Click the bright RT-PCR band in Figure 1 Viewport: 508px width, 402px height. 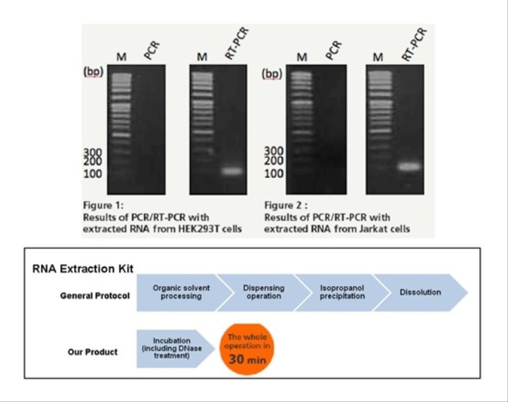(231, 171)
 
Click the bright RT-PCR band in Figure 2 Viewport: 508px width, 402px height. (410, 167)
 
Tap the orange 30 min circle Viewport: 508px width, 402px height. (247, 349)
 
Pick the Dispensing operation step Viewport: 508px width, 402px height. (264, 292)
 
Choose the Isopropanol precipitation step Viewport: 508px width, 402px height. (342, 292)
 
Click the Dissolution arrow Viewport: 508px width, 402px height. (421, 292)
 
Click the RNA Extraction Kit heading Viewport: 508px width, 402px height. (83, 269)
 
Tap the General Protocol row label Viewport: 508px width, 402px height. (95, 296)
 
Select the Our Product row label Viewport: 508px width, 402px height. (92, 352)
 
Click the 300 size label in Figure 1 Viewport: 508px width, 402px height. (92, 152)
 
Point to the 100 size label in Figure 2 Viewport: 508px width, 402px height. (274, 174)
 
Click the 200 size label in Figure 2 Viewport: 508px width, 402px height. (274, 160)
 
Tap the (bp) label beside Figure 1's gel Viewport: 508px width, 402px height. (93, 72)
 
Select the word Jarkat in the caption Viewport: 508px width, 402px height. (372, 229)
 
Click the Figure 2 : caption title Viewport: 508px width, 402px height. (286, 206)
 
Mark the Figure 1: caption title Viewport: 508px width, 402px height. (103, 206)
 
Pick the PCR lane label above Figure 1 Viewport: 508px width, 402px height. (152, 51)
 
